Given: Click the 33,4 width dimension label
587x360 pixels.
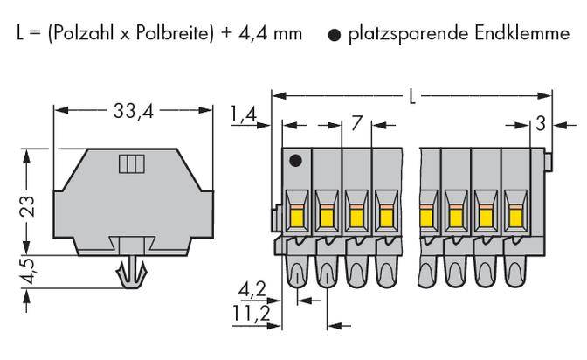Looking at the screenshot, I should pyautogui.click(x=135, y=111).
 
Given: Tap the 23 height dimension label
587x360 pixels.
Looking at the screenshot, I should pyautogui.click(x=28, y=207).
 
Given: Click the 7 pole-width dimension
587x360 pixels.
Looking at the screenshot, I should pyautogui.click(x=356, y=123).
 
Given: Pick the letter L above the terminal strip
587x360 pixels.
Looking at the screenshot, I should pyautogui.click(x=412, y=95).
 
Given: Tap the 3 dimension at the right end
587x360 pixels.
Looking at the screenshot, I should pyautogui.click(x=541, y=123).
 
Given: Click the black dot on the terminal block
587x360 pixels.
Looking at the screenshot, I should pyautogui.click(x=296, y=161).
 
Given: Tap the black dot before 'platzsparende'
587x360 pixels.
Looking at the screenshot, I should pyautogui.click(x=333, y=36).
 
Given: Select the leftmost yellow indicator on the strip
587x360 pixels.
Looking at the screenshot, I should pyautogui.click(x=294, y=214).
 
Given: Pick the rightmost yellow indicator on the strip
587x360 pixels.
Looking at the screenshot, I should pyautogui.click(x=515, y=214).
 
